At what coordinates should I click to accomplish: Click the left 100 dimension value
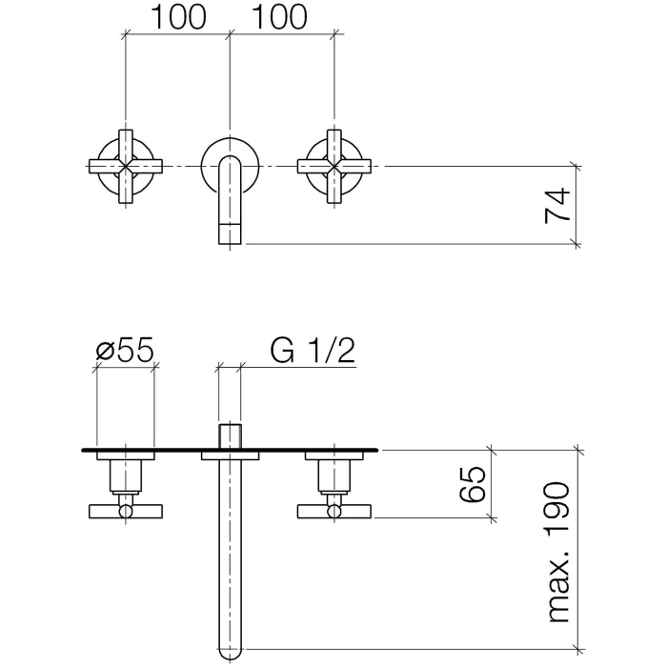(x=176, y=17)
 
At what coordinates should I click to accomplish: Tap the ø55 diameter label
(x=125, y=352)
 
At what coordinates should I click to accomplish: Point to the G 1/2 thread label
(x=313, y=352)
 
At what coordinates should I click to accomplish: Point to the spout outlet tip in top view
(x=230, y=233)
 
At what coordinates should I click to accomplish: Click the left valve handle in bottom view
(x=125, y=512)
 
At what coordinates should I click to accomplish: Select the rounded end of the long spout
(x=230, y=650)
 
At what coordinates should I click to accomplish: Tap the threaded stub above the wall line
(x=230, y=435)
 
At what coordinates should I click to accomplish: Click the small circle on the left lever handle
(x=125, y=513)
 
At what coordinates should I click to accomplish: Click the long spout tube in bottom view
(x=230, y=553)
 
